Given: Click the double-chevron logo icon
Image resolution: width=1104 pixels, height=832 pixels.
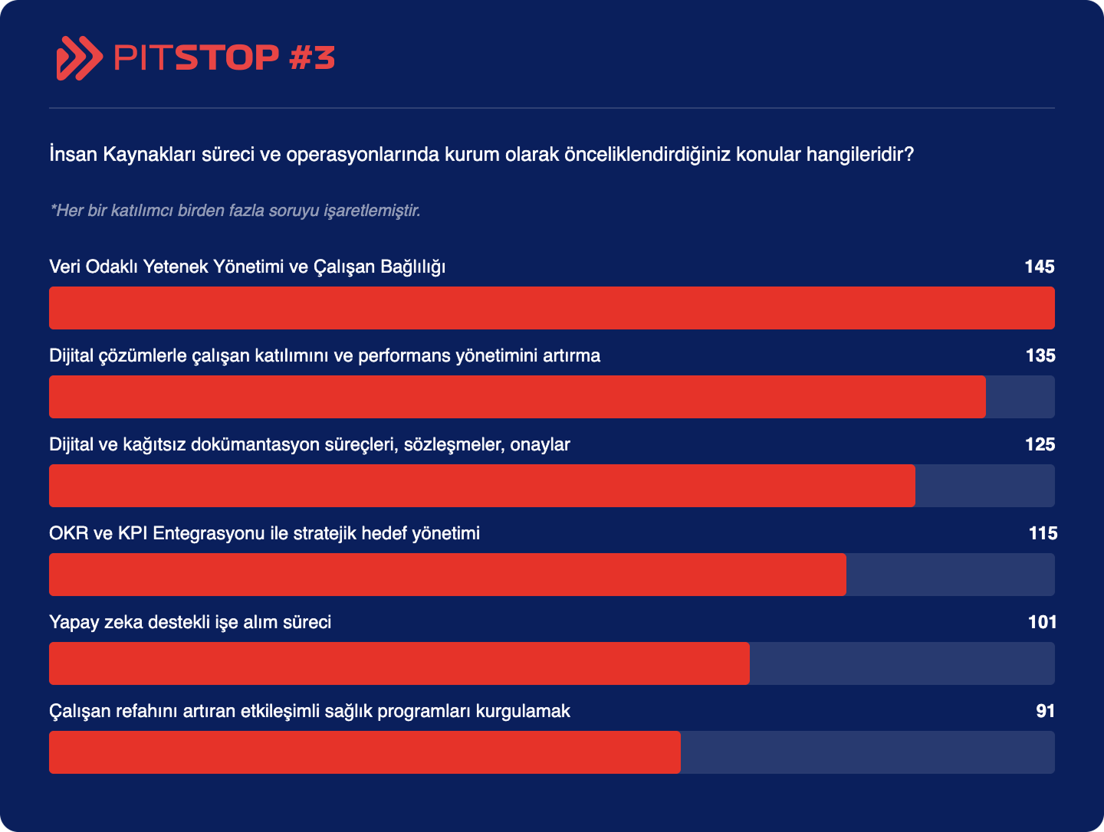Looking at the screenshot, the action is [80, 58].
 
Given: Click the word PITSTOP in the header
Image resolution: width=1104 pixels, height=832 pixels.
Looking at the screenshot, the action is [196, 57].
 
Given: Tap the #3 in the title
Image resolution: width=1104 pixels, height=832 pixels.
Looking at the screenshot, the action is [312, 57].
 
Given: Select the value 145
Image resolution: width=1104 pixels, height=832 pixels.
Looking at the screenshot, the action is [1040, 267].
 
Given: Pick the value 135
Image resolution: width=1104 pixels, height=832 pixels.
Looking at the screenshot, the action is [1040, 355].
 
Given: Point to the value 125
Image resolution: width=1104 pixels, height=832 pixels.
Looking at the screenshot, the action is [1040, 444].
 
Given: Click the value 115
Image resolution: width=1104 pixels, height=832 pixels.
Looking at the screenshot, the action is [1043, 533].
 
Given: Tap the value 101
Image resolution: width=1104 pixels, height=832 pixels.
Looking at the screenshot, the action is [1042, 622].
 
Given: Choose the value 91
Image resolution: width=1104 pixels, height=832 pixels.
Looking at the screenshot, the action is [1045, 711].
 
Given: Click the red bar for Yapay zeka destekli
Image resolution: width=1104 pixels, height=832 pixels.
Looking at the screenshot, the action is [399, 663].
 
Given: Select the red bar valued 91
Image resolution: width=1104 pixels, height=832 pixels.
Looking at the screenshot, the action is [365, 752].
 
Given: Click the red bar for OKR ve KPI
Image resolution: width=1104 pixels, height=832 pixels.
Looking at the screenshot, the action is [448, 575].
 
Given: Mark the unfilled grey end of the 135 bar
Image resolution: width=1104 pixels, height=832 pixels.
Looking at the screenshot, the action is [1020, 397].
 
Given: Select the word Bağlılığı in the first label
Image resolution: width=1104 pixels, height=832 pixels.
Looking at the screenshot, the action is [413, 267].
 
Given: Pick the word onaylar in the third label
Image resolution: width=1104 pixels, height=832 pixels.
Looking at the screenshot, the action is [540, 445].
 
